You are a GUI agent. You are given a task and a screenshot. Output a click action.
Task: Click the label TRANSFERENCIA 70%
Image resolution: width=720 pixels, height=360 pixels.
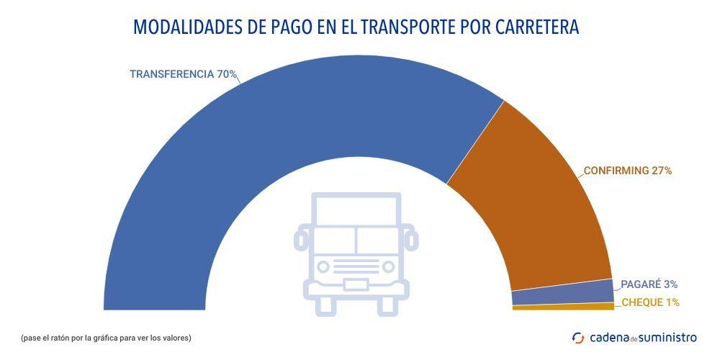tap(183, 74)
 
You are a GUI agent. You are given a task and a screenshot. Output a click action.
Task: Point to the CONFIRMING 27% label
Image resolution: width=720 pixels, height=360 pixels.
tap(627, 171)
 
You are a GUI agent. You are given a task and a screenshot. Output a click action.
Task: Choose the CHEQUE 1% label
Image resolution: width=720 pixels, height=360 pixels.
tap(650, 302)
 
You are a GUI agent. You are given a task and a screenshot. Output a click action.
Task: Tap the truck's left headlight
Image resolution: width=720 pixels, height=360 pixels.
tap(323, 266)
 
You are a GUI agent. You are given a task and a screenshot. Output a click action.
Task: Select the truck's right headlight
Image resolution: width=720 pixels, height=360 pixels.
tap(389, 266)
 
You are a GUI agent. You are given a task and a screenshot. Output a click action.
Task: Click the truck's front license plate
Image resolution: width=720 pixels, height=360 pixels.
tap(356, 284)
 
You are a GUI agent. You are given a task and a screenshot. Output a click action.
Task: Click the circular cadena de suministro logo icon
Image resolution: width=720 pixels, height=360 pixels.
tap(577, 338)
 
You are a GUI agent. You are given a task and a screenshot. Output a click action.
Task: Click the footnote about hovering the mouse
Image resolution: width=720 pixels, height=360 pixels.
tap(106, 338)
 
